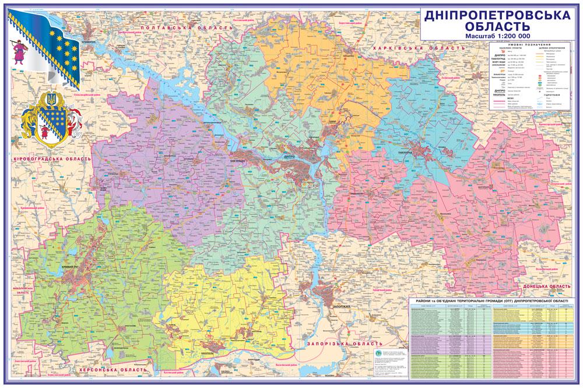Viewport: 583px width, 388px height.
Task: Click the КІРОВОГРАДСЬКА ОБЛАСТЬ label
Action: (53, 158)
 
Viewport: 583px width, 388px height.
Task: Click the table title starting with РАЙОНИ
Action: (492, 302)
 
